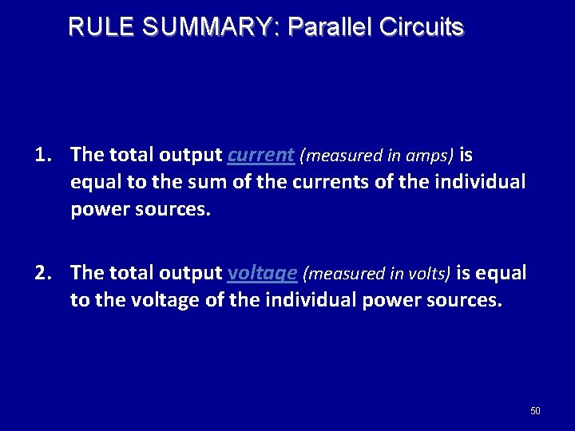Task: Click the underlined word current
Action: coord(260,154)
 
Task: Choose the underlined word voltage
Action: coord(263,274)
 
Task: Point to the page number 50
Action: coord(535,411)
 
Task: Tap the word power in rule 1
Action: coord(95,209)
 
